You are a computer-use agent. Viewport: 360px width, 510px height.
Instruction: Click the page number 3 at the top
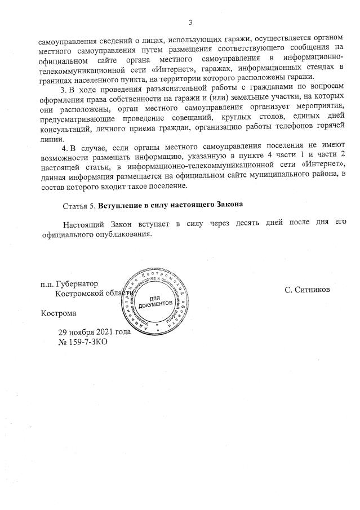click(x=190, y=23)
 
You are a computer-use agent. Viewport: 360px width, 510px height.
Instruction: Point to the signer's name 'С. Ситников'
click(x=307, y=290)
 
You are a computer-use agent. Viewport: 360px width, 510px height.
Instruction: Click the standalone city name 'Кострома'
click(x=58, y=312)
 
